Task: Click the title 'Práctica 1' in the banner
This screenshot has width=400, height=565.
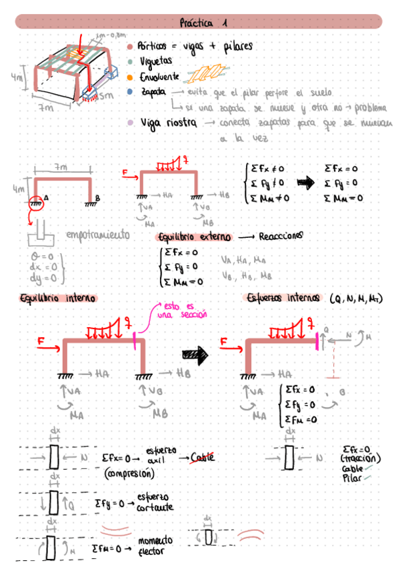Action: point(203,23)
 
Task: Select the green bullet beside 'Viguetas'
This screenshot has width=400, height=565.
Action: point(130,62)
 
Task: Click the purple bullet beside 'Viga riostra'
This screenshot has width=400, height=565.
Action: point(129,123)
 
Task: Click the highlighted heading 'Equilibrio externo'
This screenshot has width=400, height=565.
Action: point(193,237)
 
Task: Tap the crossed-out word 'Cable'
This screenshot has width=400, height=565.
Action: point(204,458)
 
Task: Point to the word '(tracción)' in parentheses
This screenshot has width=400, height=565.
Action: point(360,458)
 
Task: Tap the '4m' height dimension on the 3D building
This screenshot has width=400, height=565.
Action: point(16,78)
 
